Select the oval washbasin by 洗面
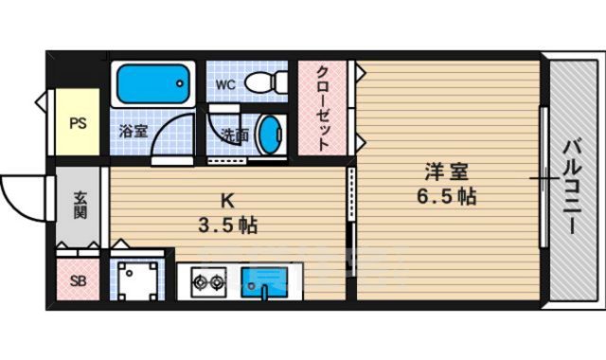click(270, 135)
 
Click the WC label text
click(225, 85)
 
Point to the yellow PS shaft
click(77, 122)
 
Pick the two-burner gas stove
click(207, 280)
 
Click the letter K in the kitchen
click(227, 201)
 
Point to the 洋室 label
click(445, 173)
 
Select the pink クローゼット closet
click(322, 109)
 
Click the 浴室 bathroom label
click(133, 132)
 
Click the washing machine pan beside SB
click(138, 279)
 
